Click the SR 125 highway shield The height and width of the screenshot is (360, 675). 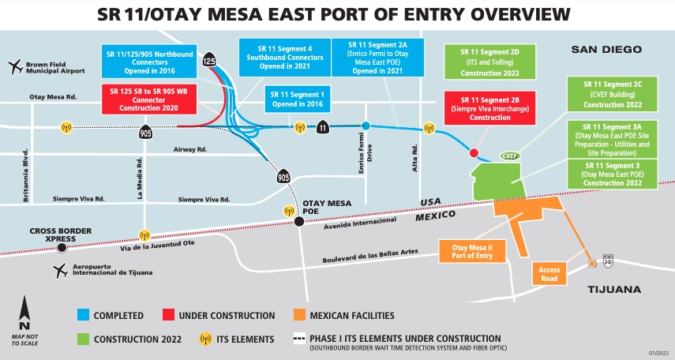coord(209,60)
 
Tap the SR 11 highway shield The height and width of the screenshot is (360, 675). coord(323,127)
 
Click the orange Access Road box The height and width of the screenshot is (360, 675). coord(549,273)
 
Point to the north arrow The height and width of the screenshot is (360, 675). coord(24,312)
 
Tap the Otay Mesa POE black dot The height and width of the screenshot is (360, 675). coord(299,223)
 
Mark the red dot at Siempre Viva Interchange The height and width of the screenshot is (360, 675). coord(474,152)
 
